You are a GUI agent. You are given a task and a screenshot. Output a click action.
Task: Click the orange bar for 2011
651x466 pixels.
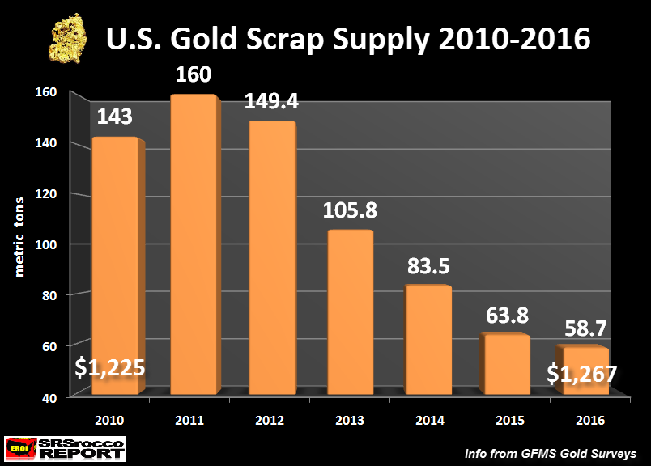coord(192,247)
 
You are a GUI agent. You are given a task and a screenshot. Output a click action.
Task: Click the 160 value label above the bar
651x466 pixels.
coord(194,75)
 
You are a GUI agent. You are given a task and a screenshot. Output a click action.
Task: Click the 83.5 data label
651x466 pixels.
coord(427,266)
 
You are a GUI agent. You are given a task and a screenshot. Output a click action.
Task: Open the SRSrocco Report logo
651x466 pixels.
coord(66,447)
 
